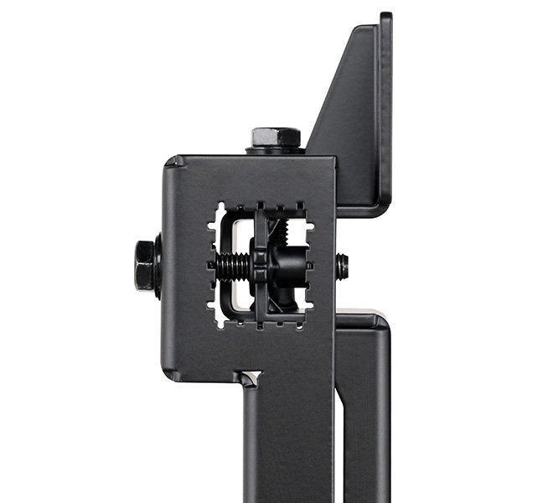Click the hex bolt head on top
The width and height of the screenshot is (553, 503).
276,137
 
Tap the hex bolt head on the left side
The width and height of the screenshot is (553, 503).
144,265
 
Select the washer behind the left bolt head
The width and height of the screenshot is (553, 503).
158,266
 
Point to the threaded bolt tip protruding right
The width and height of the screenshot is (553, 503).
342,267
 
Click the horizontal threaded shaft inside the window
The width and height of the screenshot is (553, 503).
230,267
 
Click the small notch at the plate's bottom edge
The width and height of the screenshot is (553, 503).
250,377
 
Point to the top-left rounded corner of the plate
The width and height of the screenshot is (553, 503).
172,163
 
